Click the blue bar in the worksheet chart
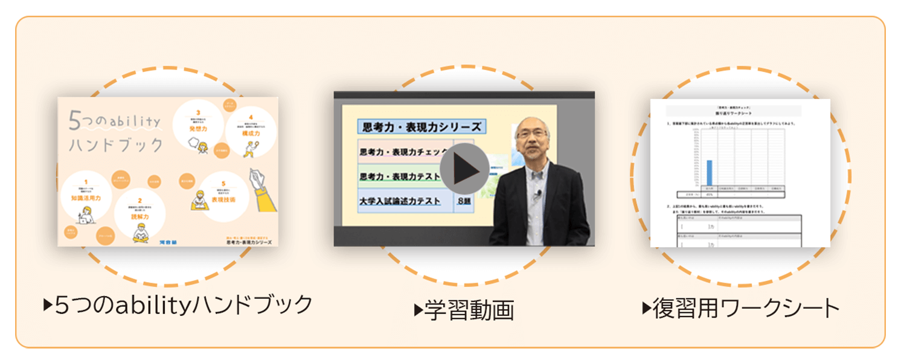click(x=709, y=173)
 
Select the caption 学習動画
click(x=464, y=310)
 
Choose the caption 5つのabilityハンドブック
click(x=178, y=305)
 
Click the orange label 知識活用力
click(x=85, y=198)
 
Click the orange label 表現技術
click(x=223, y=199)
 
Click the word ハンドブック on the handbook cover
click(x=117, y=145)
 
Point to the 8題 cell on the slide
click(x=464, y=201)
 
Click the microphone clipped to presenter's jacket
click(x=536, y=194)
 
